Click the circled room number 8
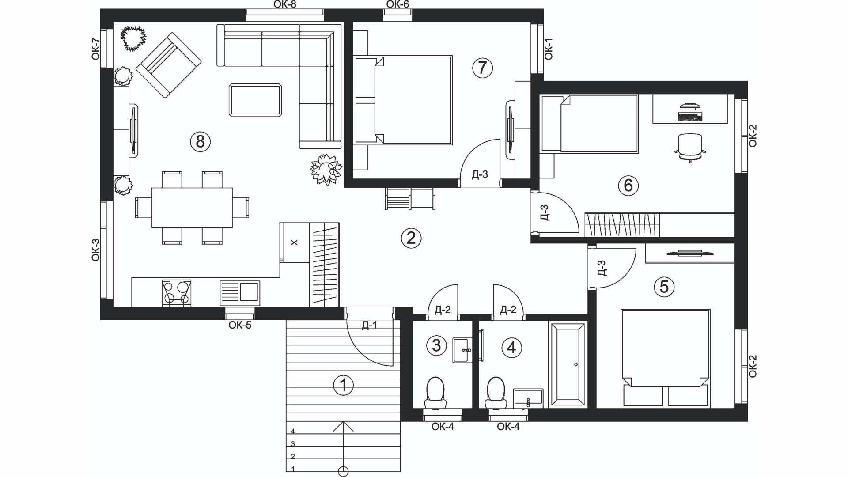200,142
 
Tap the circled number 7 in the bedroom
482,68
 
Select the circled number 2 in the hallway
411,238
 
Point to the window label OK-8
285,4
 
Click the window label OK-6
397,4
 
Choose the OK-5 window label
240,326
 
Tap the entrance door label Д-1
370,326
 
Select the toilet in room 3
435,393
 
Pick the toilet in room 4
496,393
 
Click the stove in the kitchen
177,293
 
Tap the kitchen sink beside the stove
240,293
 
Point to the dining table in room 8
192,208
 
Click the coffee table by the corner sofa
255,100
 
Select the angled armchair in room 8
168,65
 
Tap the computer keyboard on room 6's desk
690,117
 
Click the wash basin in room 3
462,350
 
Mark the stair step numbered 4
344,428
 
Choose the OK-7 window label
95,49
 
